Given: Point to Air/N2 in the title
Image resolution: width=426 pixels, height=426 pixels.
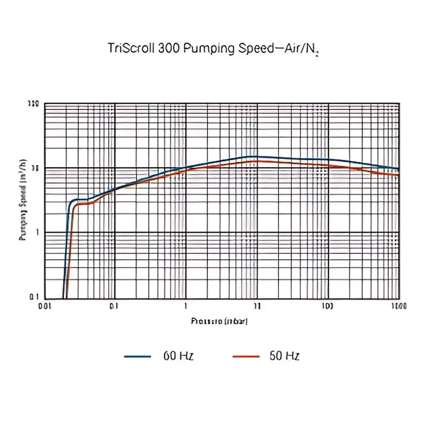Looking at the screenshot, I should point(301,49).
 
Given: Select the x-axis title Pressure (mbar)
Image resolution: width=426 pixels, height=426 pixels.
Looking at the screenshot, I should point(219,321).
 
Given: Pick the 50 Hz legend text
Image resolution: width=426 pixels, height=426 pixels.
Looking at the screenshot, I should point(284,356).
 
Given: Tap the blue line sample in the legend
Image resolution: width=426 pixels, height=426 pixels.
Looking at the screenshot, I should point(138,356).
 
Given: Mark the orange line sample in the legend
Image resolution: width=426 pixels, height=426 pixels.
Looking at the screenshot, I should point(246,356).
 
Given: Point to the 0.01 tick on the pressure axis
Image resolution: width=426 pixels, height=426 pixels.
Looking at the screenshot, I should point(45,306).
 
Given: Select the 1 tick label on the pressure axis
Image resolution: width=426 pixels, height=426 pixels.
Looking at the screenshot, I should point(186,306).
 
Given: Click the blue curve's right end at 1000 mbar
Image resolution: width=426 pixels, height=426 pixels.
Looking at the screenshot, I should point(399,170).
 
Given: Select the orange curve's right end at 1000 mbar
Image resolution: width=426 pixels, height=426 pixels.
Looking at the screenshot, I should point(399,175).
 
